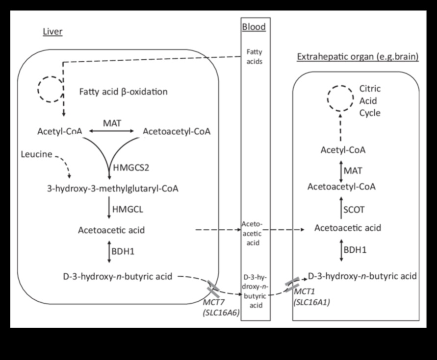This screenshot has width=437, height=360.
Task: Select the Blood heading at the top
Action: coord(254,27)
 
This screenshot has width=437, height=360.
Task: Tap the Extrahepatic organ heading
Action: coord(358,57)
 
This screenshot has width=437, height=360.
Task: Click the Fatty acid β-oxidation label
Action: coord(123,92)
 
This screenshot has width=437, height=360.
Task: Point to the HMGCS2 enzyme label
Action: coord(132,167)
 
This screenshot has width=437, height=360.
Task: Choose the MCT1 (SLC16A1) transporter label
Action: coord(312,298)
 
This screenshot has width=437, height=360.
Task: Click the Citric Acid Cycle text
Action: coord(370,101)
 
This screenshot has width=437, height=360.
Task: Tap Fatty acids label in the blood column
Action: coord(255,58)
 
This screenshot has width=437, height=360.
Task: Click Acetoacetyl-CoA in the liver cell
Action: coord(176,131)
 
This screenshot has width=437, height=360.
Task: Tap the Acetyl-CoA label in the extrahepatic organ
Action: coord(343,150)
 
